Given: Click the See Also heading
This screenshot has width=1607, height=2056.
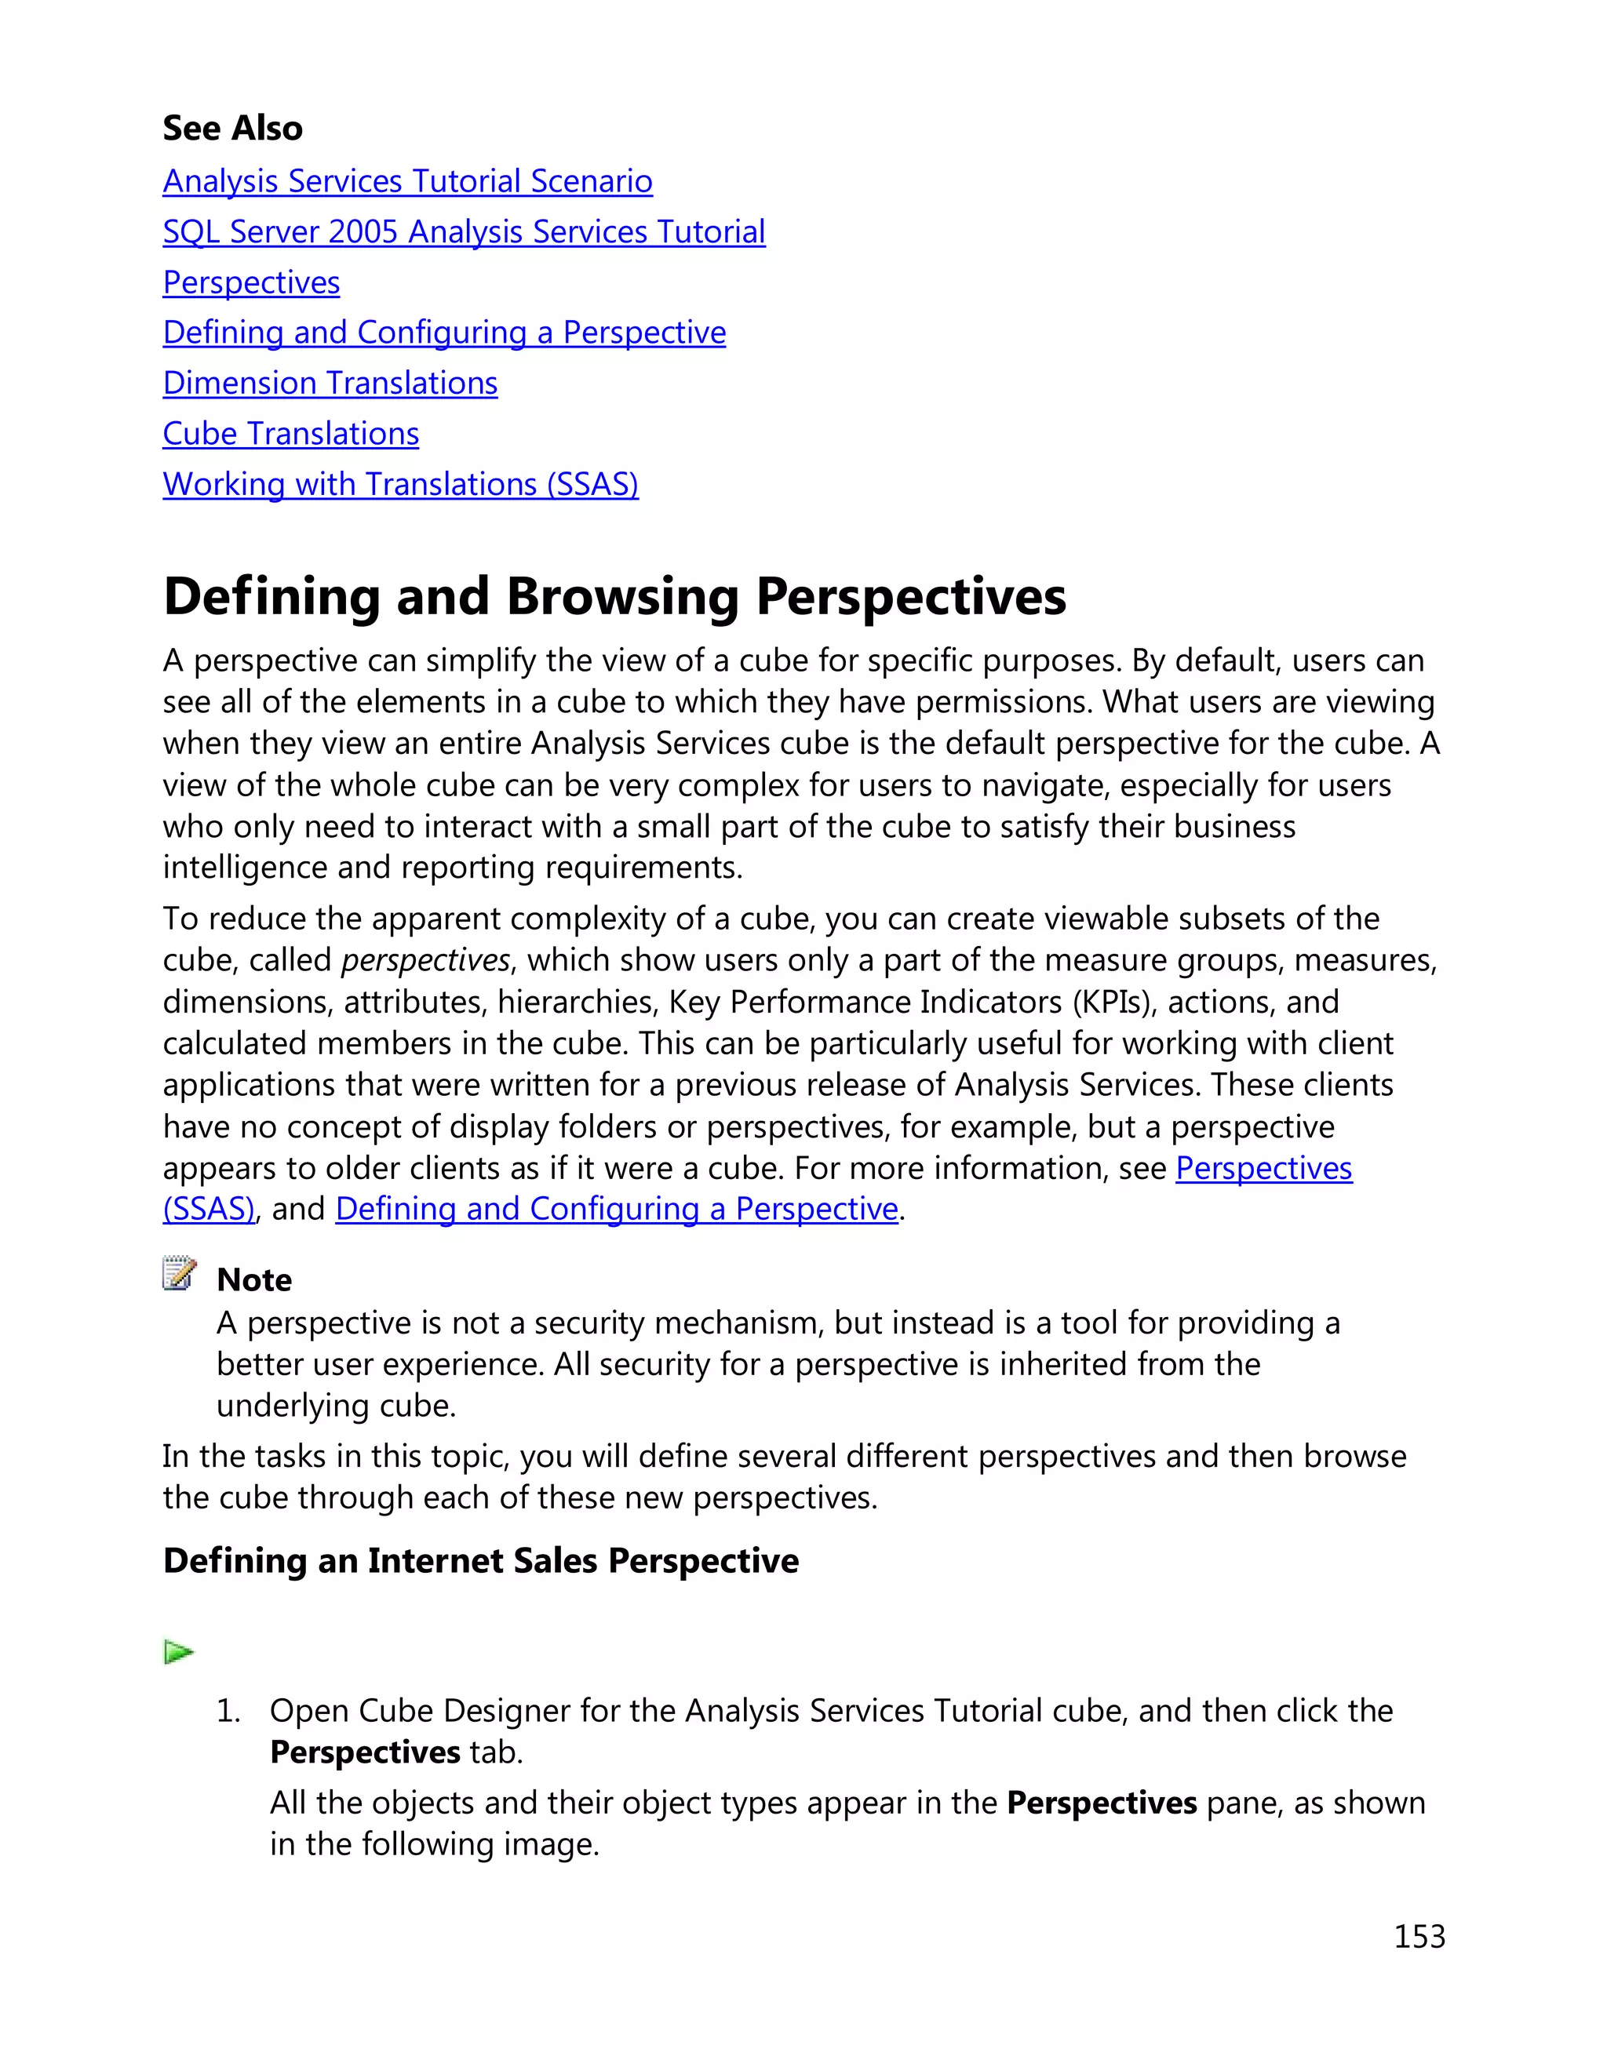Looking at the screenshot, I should click(x=232, y=128).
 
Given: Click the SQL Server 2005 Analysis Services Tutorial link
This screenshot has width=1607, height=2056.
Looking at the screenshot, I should click(x=463, y=231).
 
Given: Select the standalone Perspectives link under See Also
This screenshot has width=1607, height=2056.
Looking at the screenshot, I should click(x=250, y=282).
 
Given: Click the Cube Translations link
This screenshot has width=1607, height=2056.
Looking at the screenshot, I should click(x=290, y=434).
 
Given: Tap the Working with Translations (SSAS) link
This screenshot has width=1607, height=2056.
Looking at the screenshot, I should click(x=400, y=484).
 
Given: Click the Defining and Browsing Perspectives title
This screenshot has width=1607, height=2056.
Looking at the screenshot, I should click(x=614, y=597).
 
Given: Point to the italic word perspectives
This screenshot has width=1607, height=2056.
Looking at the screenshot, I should click(x=425, y=960).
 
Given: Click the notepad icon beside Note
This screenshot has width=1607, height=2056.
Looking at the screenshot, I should click(x=179, y=1273).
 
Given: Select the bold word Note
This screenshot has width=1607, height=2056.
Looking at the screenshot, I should click(x=254, y=1280).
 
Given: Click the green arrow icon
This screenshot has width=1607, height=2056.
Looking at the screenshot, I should click(x=178, y=1652).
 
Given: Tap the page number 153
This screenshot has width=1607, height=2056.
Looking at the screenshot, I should click(x=1419, y=1937).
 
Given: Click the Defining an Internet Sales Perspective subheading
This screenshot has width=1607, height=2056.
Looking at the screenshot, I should click(x=480, y=1561).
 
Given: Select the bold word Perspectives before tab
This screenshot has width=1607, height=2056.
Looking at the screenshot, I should click(x=364, y=1753).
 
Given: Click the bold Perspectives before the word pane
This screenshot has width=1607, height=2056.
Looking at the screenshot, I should click(x=1101, y=1803).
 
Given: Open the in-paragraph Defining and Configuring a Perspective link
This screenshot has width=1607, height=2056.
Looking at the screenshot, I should click(x=617, y=1209).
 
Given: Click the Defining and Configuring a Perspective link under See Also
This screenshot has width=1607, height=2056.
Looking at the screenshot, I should click(x=443, y=333).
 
